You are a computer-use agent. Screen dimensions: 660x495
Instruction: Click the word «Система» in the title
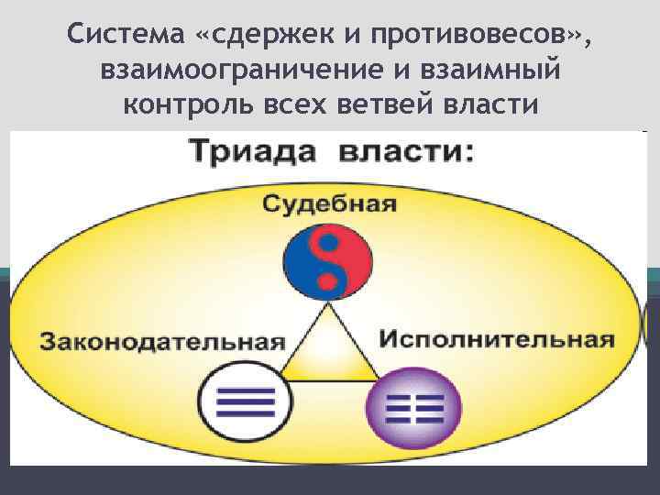pyautogui.click(x=123, y=36)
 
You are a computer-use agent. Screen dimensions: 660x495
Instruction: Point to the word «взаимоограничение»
pyautogui.click(x=239, y=71)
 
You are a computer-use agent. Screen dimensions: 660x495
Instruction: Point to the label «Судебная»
pyautogui.click(x=330, y=203)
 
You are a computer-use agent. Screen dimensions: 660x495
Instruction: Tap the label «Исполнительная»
pyautogui.click(x=496, y=339)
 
